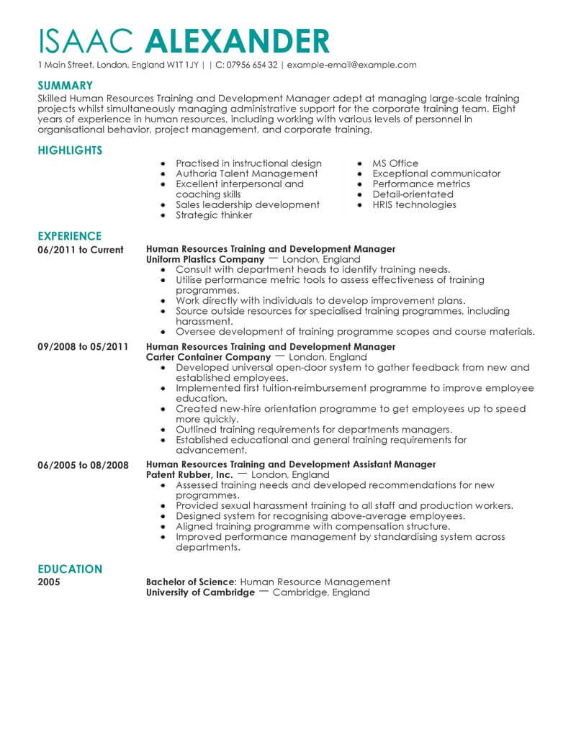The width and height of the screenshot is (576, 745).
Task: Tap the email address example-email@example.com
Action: click(x=351, y=65)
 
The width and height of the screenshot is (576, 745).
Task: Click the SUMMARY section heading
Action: click(x=65, y=85)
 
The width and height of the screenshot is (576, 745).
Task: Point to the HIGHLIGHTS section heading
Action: click(x=69, y=150)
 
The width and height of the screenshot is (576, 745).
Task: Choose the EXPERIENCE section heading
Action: click(x=69, y=236)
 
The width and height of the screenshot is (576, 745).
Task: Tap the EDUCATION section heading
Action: click(x=69, y=569)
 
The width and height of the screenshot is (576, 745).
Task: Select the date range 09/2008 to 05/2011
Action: click(x=82, y=347)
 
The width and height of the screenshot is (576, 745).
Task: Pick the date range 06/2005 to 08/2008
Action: click(x=82, y=465)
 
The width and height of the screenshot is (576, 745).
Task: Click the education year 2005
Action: click(x=49, y=582)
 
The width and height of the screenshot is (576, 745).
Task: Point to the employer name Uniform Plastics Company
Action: click(x=204, y=259)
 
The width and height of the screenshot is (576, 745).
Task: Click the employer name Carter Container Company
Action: click(x=208, y=357)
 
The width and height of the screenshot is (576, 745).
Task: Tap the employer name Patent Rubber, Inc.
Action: click(x=189, y=475)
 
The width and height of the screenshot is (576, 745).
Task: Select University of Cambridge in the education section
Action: click(x=200, y=592)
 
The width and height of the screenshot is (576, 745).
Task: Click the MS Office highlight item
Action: click(x=395, y=163)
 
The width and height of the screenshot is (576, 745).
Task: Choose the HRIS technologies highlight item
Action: click(x=414, y=204)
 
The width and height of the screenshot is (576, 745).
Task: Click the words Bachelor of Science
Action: click(x=190, y=582)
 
